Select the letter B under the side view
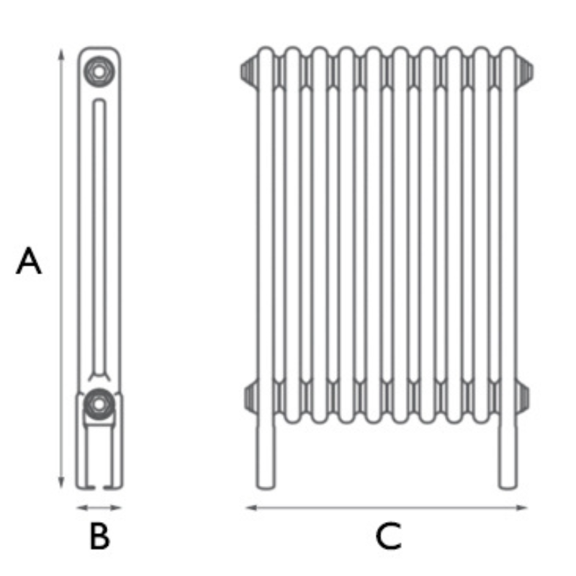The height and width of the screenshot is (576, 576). pos(99,536)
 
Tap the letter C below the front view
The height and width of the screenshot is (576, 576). pos(388,537)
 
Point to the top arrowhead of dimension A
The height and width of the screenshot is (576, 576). pos(61,53)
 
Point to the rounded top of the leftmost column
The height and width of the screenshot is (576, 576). pos(266,54)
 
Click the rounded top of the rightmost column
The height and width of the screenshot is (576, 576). pos(508,54)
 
